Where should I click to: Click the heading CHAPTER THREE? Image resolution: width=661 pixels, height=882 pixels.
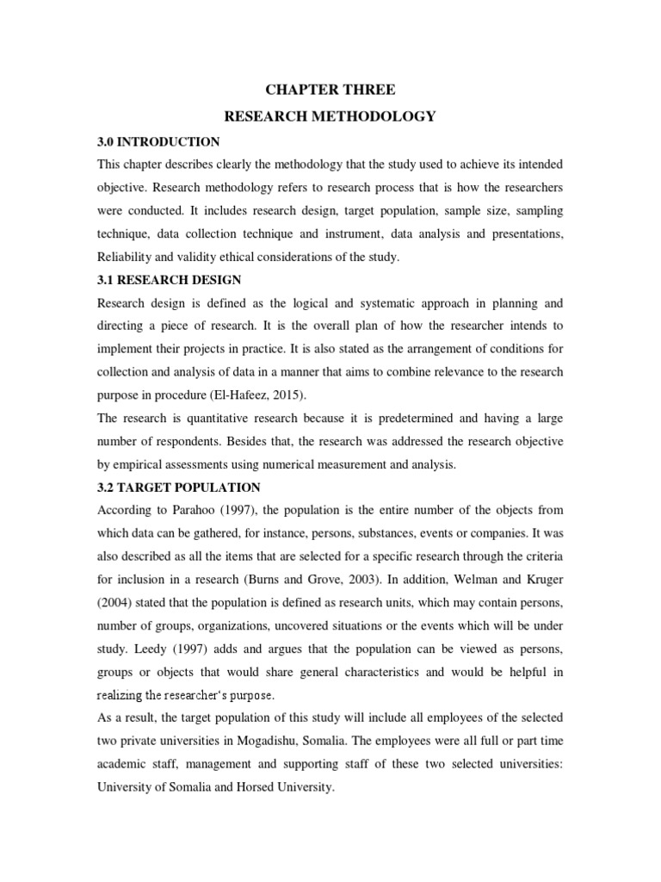(330, 90)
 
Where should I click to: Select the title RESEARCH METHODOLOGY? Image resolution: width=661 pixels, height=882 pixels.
(330, 116)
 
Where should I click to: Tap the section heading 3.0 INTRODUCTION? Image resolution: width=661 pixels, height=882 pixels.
(158, 141)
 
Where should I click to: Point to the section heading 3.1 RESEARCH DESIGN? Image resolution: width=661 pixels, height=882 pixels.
(170, 280)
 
